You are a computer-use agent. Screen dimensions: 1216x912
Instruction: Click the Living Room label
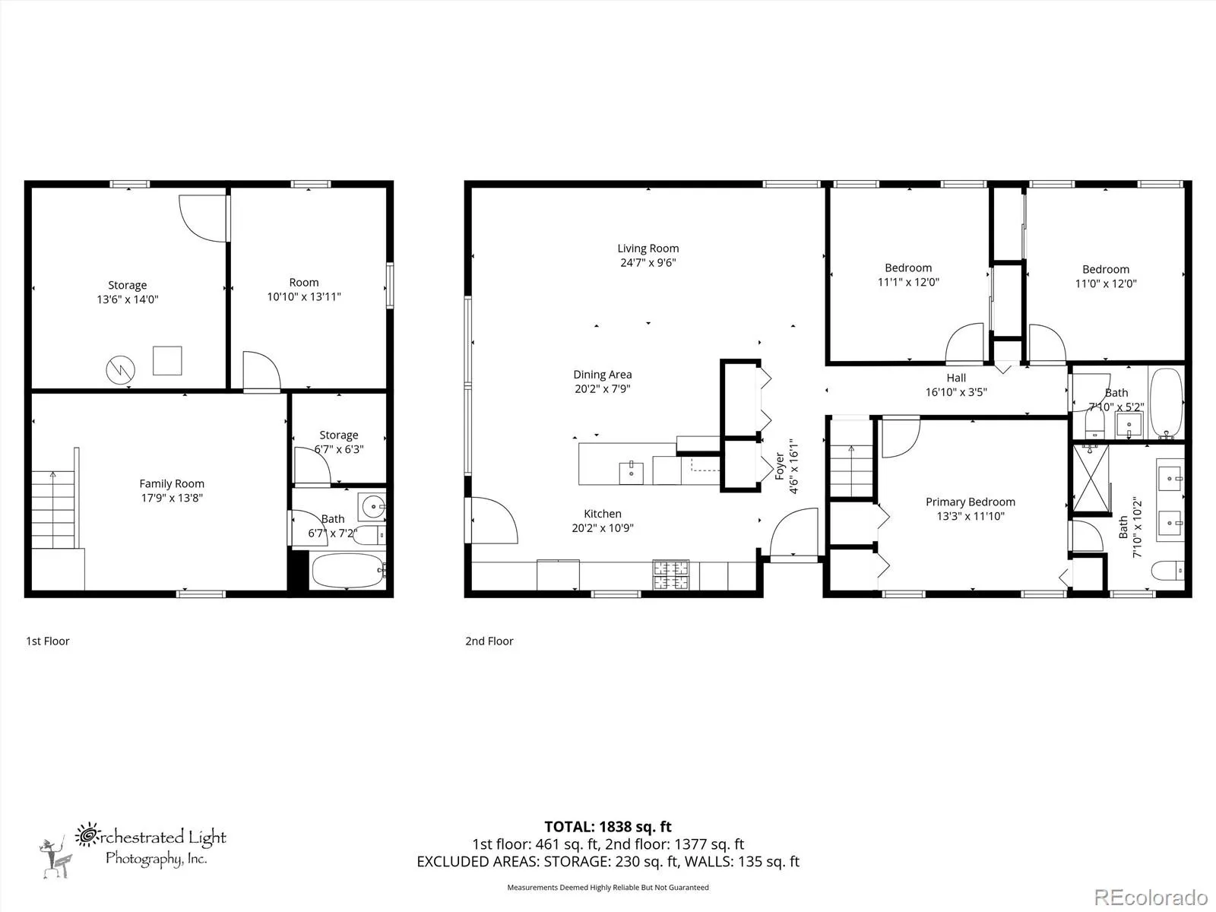point(648,249)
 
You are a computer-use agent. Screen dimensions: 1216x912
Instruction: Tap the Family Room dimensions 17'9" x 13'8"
point(172,498)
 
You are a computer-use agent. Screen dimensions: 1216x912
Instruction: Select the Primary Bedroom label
point(970,502)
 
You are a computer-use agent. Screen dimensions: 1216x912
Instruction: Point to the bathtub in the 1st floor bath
point(348,571)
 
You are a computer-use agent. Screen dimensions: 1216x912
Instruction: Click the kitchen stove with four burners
point(671,575)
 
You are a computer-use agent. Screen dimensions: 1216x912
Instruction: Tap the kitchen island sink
point(631,472)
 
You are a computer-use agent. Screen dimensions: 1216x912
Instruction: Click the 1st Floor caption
point(48,641)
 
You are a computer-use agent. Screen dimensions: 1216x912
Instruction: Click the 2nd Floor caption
point(489,641)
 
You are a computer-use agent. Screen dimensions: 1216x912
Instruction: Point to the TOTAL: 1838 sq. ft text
point(608,827)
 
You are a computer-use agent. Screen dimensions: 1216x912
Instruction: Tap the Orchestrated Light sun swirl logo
point(87,835)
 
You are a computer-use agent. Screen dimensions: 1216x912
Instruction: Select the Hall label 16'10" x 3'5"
point(956,385)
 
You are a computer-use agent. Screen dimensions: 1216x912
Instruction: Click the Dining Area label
point(602,375)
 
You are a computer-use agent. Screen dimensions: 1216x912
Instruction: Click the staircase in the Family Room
point(54,509)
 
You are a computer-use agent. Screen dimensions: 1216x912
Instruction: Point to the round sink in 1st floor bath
point(372,506)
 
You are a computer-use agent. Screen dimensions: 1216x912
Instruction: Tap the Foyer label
point(780,466)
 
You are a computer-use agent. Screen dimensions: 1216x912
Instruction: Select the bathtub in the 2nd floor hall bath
point(1166,403)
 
